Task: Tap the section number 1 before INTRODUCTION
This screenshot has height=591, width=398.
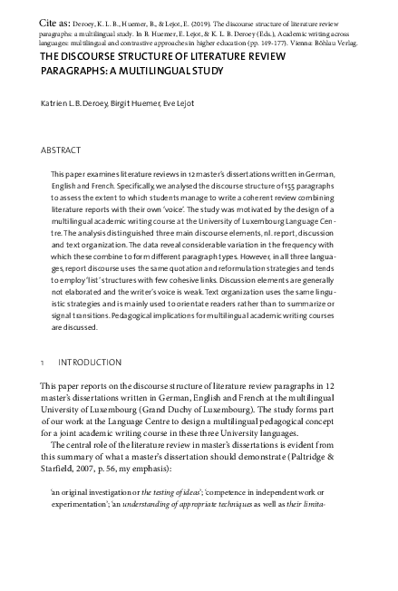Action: [x=43, y=363]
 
